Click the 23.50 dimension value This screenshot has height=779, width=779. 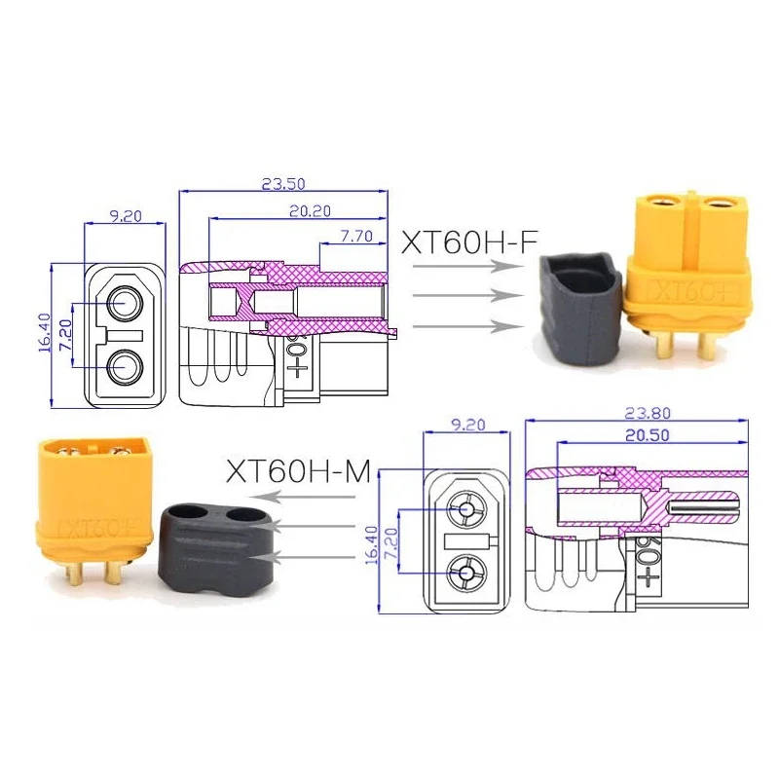point(283,183)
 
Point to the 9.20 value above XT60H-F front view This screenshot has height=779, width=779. point(125,216)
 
